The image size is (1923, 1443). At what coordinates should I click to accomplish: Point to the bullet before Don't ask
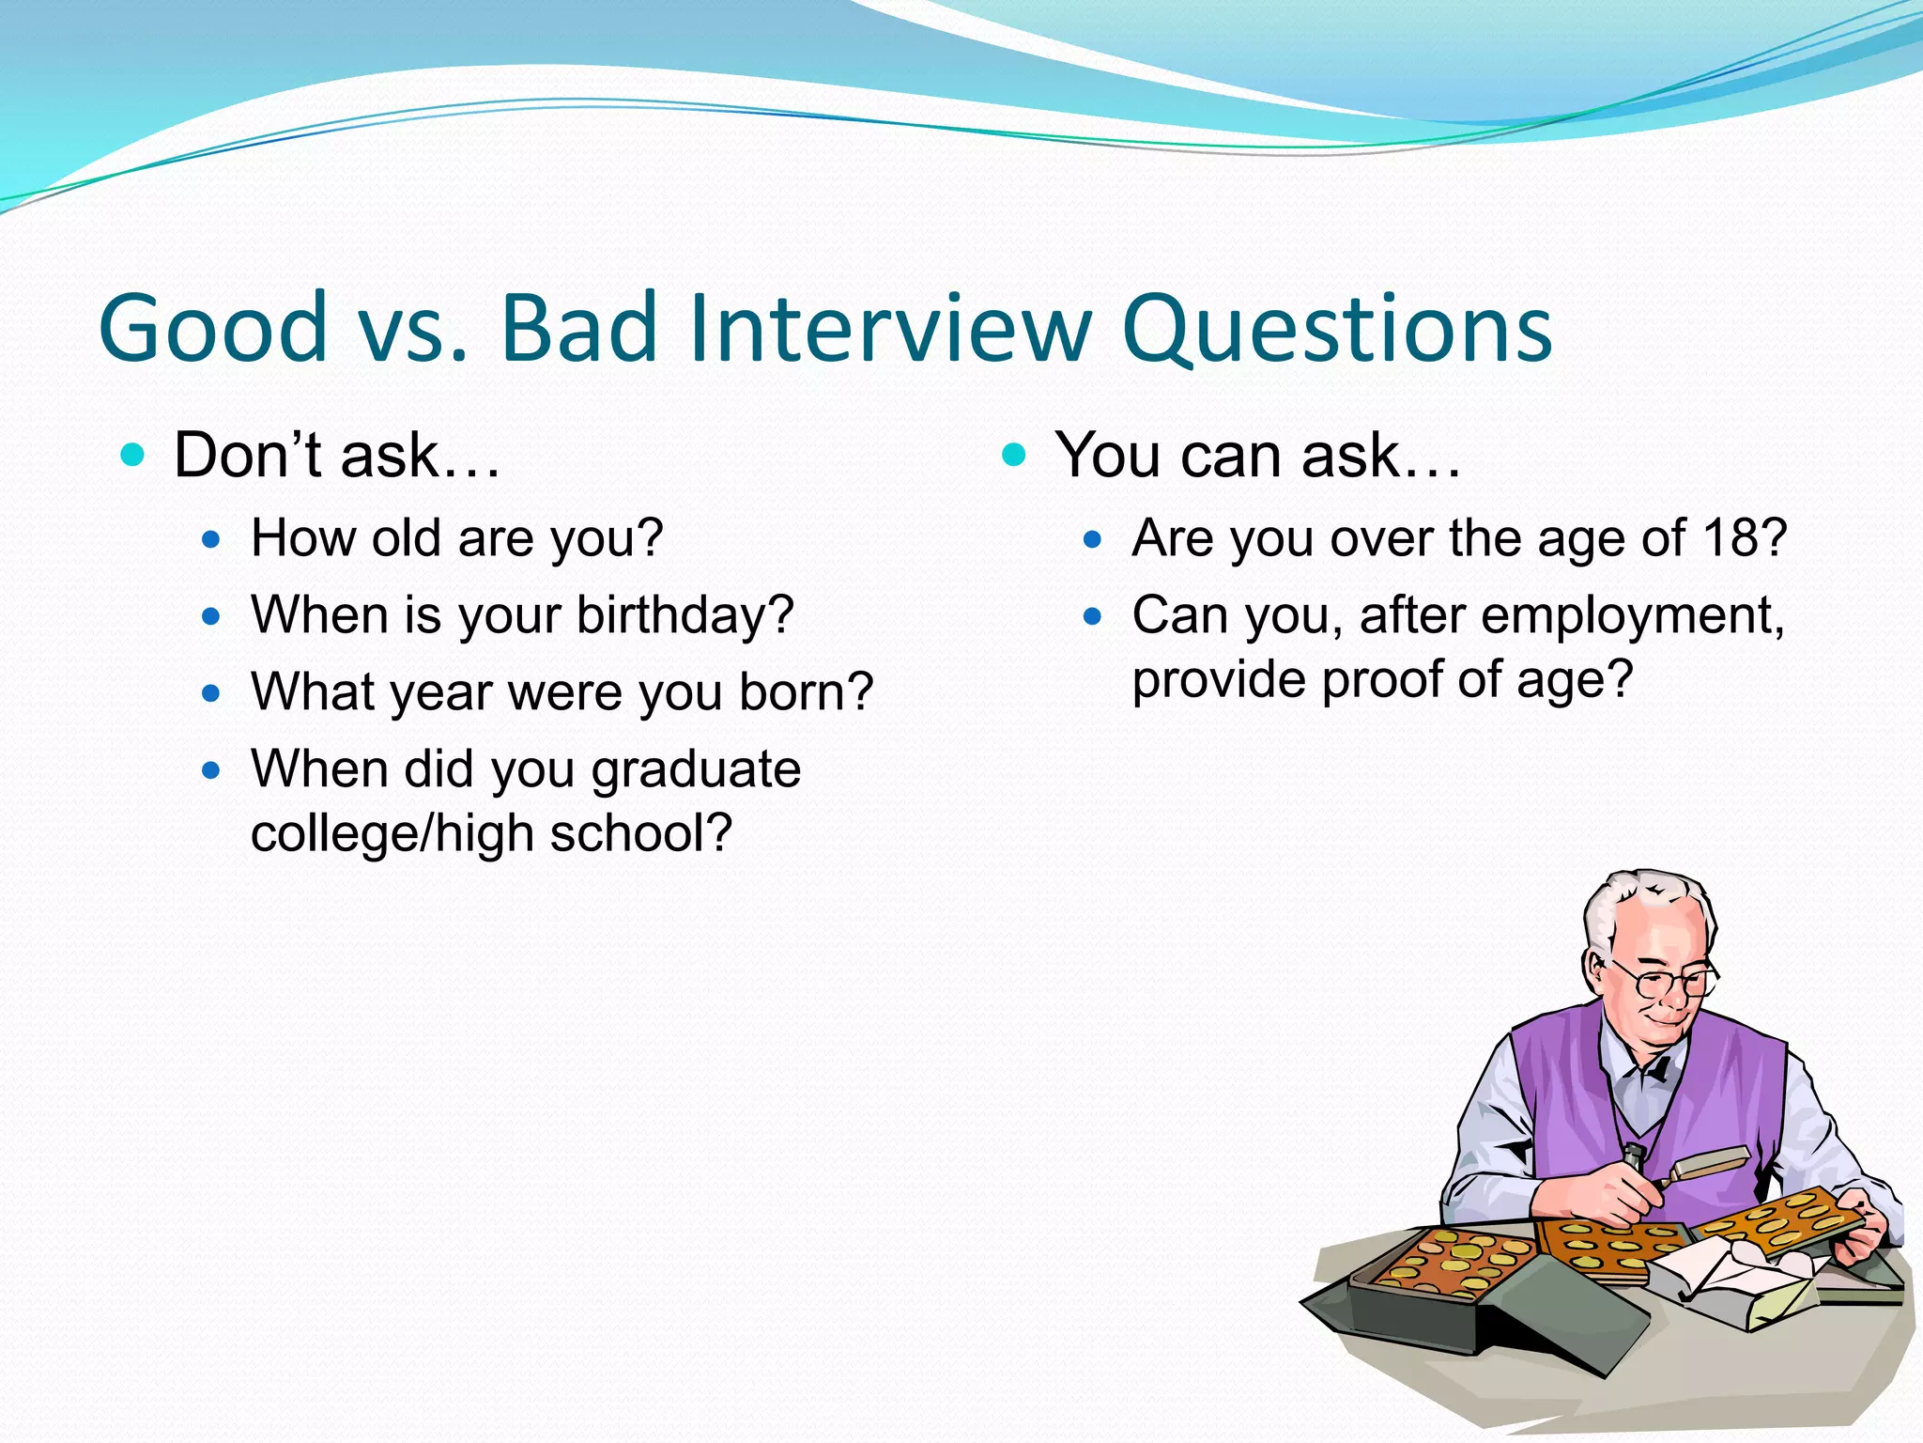[x=133, y=457]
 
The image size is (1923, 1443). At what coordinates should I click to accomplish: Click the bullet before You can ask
[x=1013, y=457]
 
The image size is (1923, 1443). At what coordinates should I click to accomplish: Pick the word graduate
[x=696, y=770]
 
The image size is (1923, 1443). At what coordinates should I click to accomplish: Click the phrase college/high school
[x=491, y=833]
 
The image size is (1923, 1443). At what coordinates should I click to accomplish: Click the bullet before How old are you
[x=211, y=540]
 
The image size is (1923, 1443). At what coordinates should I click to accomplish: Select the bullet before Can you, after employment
[x=1091, y=617]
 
